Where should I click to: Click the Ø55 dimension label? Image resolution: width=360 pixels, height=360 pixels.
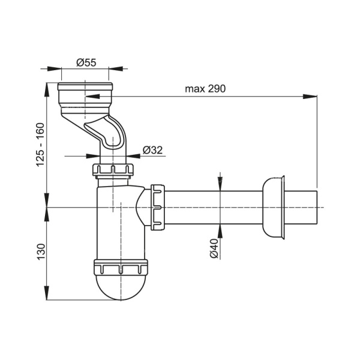point(86,62)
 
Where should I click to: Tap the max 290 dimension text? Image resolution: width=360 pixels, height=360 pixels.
point(205,89)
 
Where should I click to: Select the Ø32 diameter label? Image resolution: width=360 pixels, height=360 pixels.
point(152,150)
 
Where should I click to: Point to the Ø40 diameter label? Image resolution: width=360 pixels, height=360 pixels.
point(214,248)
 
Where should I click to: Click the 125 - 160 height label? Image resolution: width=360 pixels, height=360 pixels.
point(40,145)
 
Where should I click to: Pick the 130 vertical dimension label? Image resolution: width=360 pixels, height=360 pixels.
point(41,252)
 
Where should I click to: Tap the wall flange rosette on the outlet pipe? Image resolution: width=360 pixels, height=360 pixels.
point(273,208)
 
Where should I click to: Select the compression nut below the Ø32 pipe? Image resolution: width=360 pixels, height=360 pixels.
point(113,170)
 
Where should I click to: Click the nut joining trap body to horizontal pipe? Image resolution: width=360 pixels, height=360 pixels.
point(157,207)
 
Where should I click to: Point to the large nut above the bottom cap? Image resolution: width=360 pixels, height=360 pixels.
point(121,267)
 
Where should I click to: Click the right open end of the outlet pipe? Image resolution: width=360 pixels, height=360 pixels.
point(317,208)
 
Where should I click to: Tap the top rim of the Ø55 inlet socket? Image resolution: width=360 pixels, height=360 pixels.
point(85,86)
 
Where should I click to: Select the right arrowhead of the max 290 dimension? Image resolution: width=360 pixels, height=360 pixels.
point(310,97)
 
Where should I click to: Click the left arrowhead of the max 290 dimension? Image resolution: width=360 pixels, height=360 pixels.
point(92,97)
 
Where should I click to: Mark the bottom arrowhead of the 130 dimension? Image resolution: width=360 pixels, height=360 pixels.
point(47,293)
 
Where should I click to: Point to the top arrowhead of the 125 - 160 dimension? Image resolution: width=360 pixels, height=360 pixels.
point(47,90)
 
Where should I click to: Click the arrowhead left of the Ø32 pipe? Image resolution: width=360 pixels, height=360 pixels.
point(93,156)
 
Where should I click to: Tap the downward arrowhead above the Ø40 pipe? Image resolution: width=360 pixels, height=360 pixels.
point(220,184)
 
